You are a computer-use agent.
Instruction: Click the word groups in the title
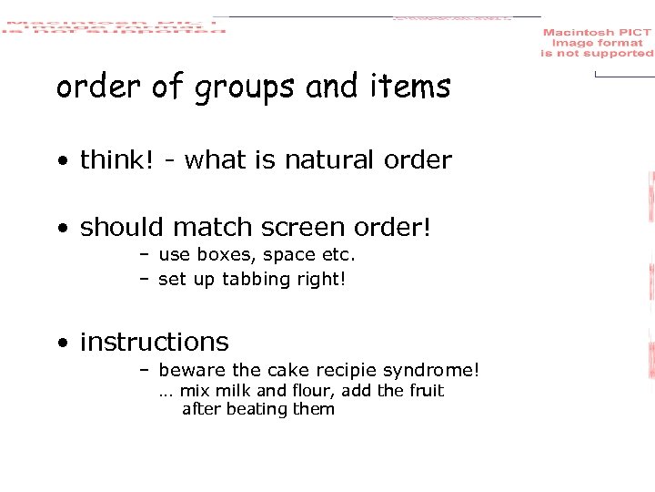(245, 88)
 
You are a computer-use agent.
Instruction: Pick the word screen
(307, 227)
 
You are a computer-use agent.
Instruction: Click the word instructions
(155, 342)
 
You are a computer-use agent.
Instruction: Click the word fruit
(425, 391)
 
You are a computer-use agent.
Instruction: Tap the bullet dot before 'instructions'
(62, 343)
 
